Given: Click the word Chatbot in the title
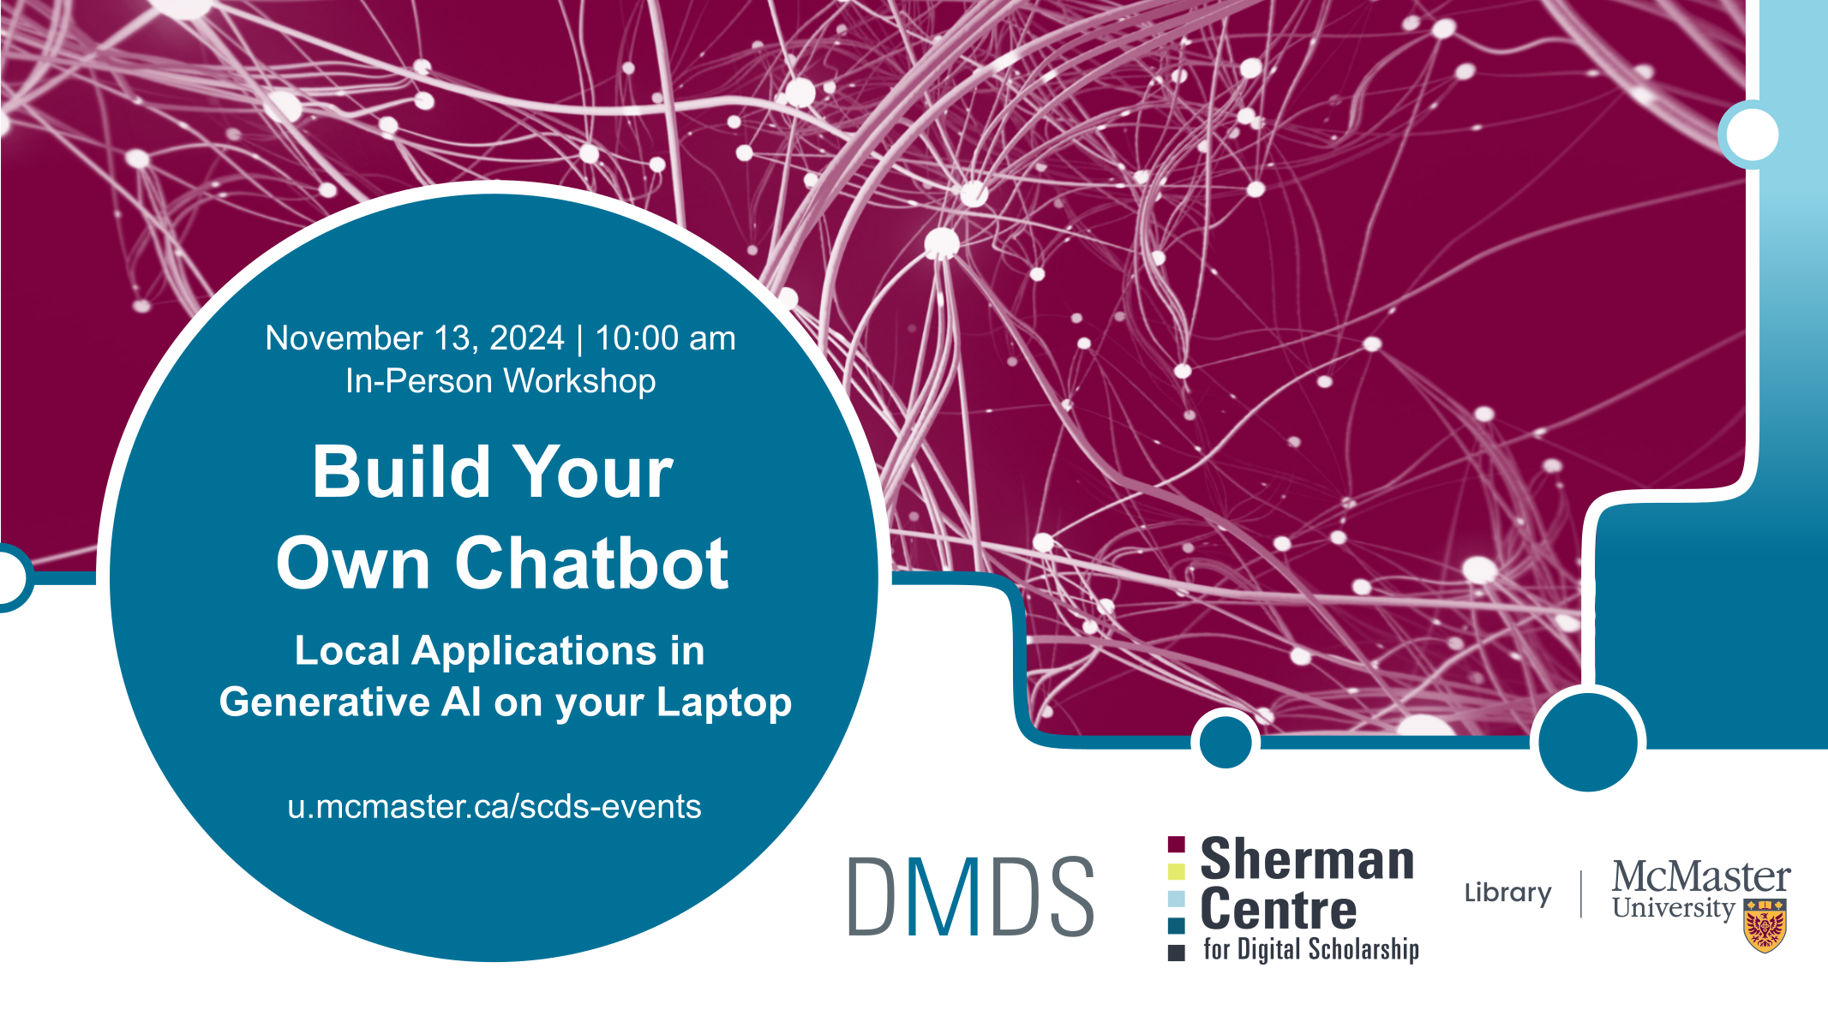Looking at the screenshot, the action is [592, 563].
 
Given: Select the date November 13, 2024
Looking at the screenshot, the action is [415, 339].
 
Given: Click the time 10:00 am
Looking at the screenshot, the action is [665, 338].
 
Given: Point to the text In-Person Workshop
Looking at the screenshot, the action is [500, 381].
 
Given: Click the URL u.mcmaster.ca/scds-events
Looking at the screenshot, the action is [494, 807].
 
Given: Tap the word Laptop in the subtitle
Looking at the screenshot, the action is [724, 703].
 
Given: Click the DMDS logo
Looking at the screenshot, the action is [971, 896].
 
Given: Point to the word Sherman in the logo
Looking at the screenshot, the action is [1307, 859].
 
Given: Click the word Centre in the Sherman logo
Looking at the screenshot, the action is [1279, 910].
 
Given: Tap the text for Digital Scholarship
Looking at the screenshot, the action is [1311, 949].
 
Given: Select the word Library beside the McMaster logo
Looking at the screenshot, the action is [1507, 894].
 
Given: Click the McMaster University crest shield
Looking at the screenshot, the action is [1765, 925].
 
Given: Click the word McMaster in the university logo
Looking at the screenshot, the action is [1701, 876].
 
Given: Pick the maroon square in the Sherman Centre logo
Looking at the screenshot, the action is [1177, 845].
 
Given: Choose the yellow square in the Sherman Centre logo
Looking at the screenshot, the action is [1177, 871].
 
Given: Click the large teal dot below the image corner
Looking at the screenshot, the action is [1588, 742].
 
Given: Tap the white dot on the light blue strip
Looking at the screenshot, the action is [1753, 134].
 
